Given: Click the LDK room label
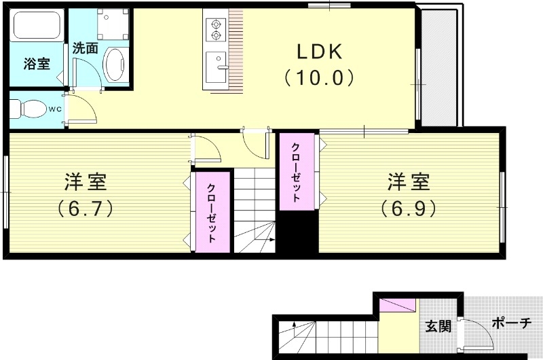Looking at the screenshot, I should [319, 52].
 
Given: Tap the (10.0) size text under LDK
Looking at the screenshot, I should [319, 78].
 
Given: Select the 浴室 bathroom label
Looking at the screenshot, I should [36, 65].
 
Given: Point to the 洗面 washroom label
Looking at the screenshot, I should [86, 48].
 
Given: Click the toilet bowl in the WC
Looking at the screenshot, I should [28, 109].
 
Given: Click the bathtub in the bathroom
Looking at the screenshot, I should [37, 27].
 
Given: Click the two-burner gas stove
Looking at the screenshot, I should [216, 27].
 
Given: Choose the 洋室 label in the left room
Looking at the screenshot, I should [85, 181].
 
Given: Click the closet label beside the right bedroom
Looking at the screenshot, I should [297, 173].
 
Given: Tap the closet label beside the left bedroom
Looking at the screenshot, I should [212, 213].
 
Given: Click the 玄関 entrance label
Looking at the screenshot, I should [438, 326].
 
